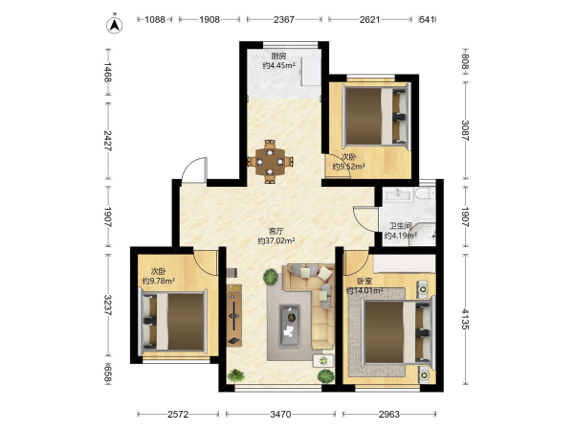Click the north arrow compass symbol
point(114,25)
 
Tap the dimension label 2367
point(284,19)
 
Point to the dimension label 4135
point(465,319)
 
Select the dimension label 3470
point(280,414)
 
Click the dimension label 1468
point(108,72)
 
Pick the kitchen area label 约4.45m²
point(279,65)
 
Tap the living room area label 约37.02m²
point(276,240)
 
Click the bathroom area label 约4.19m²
point(401,236)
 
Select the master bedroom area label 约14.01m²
point(364,290)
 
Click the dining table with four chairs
point(270,161)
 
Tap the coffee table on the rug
point(290,327)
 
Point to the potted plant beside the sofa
point(271,277)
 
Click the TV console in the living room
point(234,315)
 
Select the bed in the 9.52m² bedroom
point(376,116)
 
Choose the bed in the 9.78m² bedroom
point(173,320)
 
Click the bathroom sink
point(398,193)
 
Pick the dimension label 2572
point(178,414)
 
